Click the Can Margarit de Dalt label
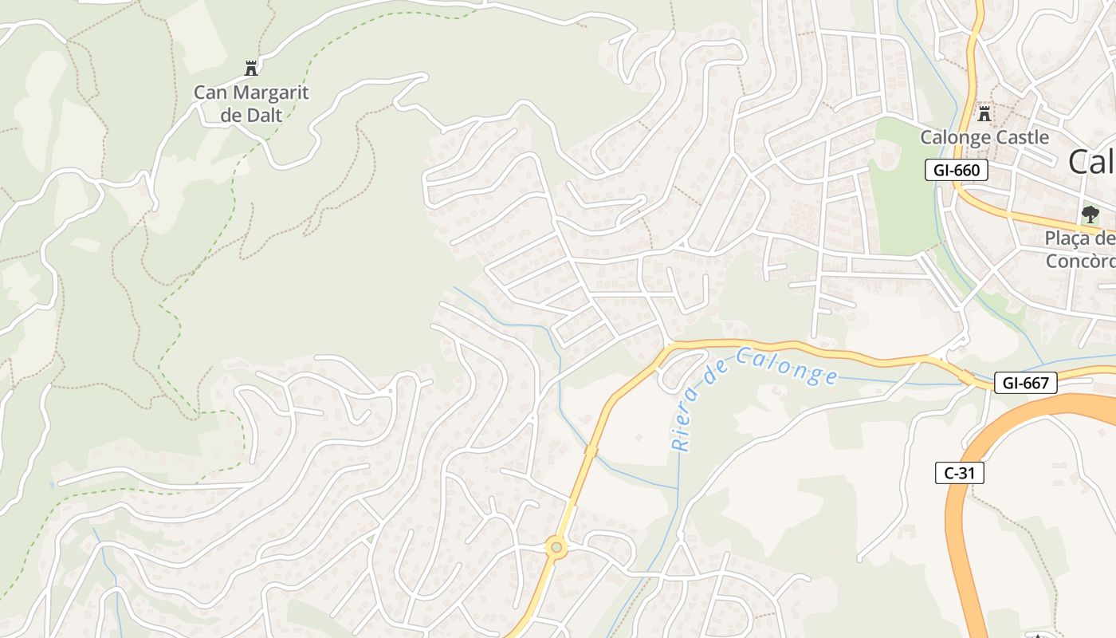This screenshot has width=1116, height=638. [251, 104]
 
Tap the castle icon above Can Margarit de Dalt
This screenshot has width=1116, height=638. [251, 69]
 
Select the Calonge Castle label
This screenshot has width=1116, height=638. [984, 137]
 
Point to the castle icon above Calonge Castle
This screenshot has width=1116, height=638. [984, 113]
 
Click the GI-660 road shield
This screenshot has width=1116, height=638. [957, 170]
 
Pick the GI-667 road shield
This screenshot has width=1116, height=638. [1025, 384]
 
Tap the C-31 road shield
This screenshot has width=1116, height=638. [959, 473]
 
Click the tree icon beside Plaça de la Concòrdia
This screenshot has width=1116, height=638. [1090, 214]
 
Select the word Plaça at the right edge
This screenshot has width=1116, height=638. [1071, 238]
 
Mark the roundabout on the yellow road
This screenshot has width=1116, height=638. [556, 547]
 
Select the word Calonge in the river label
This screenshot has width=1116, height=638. [787, 366]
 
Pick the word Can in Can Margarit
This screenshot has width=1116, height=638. [210, 93]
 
